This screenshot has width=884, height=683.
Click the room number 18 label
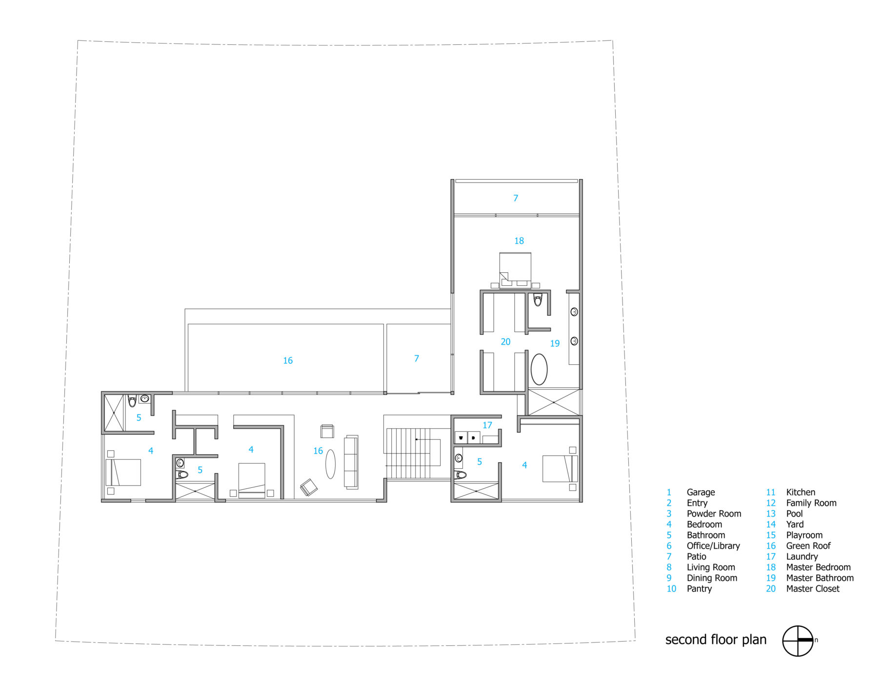(x=519, y=241)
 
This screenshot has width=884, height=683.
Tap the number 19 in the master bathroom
(x=555, y=343)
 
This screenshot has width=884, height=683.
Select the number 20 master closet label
(x=505, y=342)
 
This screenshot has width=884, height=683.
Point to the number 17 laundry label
(x=487, y=425)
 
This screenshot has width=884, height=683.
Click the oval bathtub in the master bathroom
(x=539, y=369)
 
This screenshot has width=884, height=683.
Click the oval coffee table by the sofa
(x=331, y=464)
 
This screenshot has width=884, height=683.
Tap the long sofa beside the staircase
(x=351, y=462)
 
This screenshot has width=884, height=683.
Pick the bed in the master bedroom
(x=515, y=270)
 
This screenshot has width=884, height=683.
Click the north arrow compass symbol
(x=798, y=641)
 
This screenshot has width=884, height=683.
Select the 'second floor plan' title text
(x=716, y=640)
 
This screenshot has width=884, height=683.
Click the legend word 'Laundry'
(x=802, y=557)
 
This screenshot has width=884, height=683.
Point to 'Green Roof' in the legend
(x=808, y=546)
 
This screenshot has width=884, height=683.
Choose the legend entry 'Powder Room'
(x=714, y=514)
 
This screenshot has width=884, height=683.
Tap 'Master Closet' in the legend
(x=813, y=589)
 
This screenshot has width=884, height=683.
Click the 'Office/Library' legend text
(x=713, y=546)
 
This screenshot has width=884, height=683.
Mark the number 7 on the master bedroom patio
(x=516, y=198)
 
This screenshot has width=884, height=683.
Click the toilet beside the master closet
(x=538, y=300)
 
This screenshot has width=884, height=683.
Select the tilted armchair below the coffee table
(x=309, y=487)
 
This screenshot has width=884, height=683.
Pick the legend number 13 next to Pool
(x=771, y=514)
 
